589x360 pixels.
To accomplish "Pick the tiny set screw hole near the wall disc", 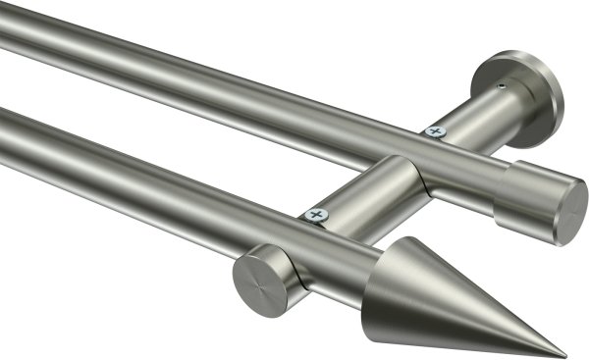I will [x=502, y=87].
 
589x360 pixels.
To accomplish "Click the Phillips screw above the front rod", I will [x=315, y=213].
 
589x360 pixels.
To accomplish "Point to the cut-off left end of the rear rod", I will [x=4, y=29].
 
